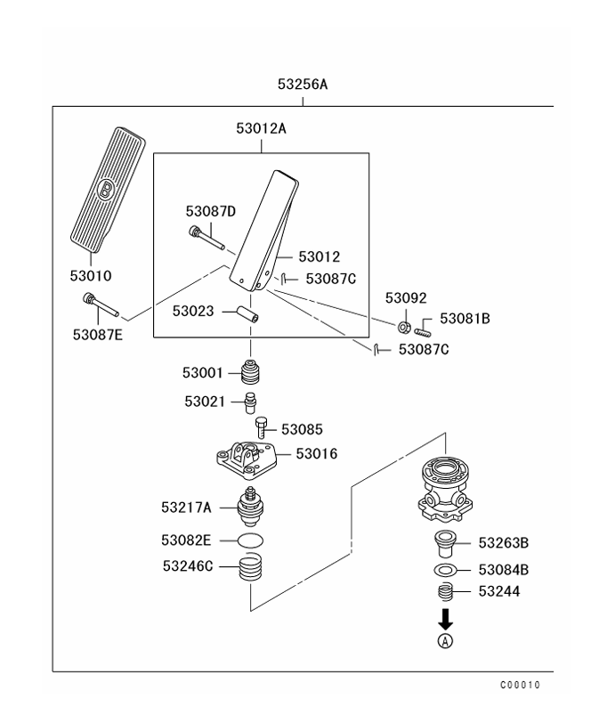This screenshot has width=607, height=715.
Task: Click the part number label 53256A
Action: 303,85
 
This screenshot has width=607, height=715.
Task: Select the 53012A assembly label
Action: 261,128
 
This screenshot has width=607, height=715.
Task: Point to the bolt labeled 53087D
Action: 206,239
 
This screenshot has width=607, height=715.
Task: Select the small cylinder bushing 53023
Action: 247,315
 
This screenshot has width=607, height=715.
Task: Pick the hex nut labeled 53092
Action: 402,328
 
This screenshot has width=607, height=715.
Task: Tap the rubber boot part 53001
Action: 252,372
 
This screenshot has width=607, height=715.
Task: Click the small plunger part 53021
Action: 252,402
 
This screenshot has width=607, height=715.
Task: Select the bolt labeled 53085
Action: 262,427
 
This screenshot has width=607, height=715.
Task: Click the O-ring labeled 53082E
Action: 252,540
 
